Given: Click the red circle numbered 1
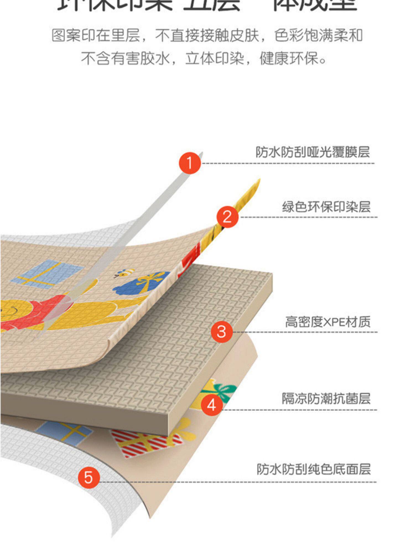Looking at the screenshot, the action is tap(190, 163).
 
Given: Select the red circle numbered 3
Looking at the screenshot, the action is tap(222, 331).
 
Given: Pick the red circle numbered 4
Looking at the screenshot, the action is tap(212, 405).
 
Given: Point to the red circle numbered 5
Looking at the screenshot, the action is tap(89, 477).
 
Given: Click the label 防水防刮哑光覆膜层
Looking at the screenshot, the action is tap(312, 152).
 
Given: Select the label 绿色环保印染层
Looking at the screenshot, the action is tap(326, 207).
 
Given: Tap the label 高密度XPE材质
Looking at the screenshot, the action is tap(328, 322).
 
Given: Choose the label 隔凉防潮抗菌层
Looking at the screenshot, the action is tap(326, 398).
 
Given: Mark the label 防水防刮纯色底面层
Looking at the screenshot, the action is tap(313, 469).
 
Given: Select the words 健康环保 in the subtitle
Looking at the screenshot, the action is tap(293, 58).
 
